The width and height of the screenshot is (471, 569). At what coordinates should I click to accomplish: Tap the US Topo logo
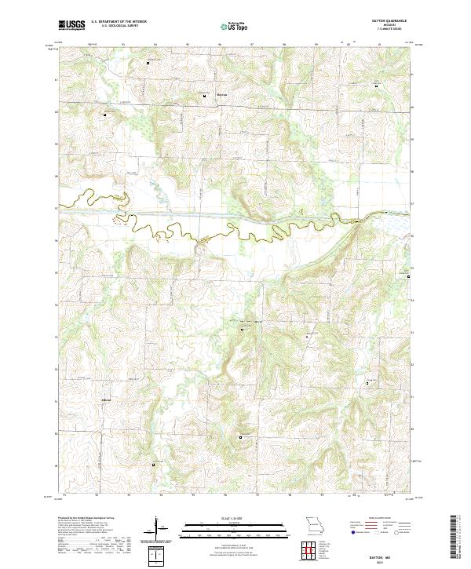click(x=232, y=26)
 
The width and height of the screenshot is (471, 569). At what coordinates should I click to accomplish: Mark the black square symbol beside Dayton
click(x=205, y=97)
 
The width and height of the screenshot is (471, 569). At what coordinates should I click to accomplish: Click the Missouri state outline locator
click(x=314, y=525)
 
